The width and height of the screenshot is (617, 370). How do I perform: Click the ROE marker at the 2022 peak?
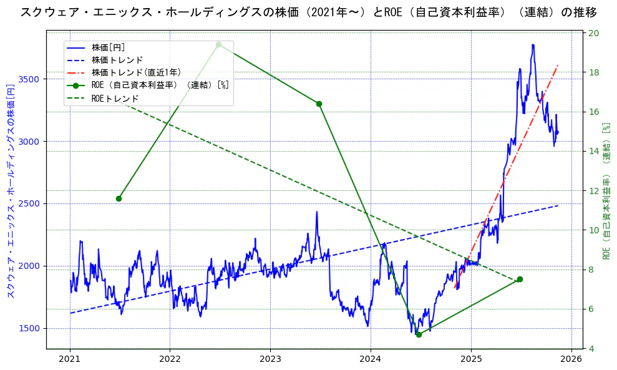coord(218,44)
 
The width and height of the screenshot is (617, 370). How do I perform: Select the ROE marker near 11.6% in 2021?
coord(119,198)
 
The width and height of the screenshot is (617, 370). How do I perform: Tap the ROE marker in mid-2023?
coord(319,104)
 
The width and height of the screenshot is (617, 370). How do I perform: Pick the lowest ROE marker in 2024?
coord(419,334)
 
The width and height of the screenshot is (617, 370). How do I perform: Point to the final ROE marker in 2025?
coord(520,280)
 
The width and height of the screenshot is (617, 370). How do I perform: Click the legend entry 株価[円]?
coord(109,47)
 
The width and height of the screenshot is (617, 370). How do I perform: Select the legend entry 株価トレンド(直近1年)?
coord(136,72)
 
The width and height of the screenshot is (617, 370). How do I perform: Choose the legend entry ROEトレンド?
coord(115,99)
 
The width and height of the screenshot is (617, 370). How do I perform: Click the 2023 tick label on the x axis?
coord(270,359)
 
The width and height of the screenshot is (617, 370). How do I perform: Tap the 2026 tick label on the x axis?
coord(571,359)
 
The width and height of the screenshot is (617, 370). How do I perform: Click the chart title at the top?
coord(308,12)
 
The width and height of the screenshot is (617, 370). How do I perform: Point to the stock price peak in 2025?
coord(533,45)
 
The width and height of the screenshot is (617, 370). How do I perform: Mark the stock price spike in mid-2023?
coord(317,212)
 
